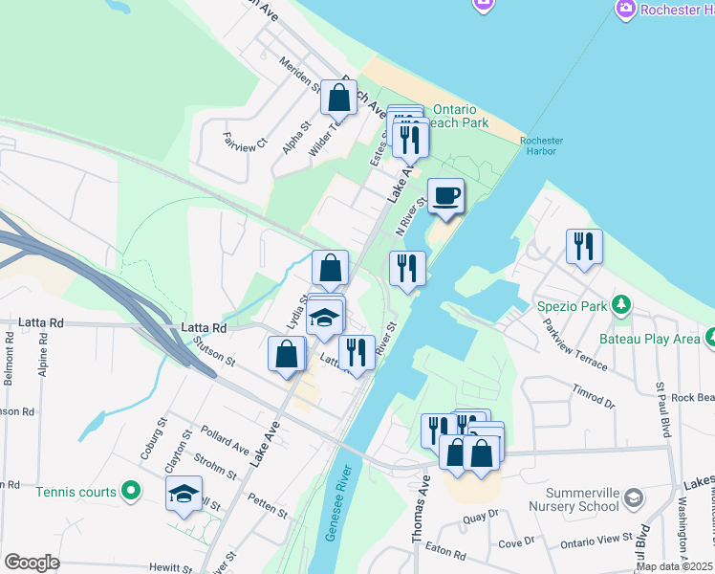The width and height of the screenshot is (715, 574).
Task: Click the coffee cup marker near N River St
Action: (445, 197)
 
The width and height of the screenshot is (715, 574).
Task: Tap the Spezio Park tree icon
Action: (621, 305)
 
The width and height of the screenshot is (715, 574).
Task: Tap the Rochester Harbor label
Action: (542, 145)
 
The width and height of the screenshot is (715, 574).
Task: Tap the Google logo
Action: (31, 563)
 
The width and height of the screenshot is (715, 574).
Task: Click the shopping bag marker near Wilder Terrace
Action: (338, 97)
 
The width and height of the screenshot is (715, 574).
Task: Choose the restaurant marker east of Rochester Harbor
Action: (583, 247)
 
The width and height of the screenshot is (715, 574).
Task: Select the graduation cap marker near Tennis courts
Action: (184, 495)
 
